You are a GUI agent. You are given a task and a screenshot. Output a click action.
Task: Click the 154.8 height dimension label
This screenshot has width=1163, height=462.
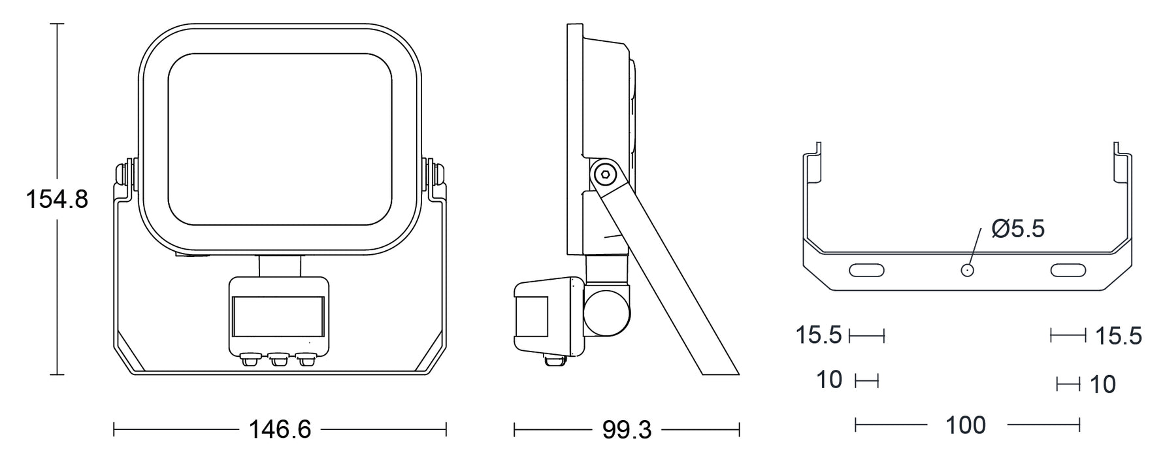57,199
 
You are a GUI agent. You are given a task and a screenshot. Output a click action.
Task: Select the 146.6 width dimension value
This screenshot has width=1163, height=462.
280,429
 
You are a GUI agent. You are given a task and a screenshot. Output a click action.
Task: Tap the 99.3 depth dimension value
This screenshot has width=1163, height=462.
627,429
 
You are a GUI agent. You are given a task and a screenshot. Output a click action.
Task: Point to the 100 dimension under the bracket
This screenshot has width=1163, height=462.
966,425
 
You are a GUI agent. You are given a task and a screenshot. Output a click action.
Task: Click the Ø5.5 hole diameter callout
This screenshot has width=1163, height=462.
1018,229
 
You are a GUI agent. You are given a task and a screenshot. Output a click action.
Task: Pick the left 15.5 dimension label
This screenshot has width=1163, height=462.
818,335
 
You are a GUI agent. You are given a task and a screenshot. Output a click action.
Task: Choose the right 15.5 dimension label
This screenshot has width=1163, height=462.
1118,336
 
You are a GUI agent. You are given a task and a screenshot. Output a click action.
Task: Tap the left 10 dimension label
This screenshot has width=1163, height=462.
829,380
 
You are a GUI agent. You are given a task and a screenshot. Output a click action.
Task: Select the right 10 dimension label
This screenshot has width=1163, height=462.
1103,384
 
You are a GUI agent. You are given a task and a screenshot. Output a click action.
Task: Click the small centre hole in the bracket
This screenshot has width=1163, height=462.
966,270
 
